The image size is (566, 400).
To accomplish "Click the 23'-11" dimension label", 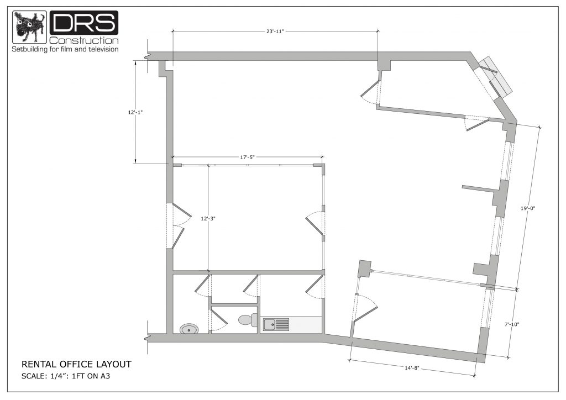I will point(275,31).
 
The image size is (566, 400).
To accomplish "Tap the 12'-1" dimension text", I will point(135,112).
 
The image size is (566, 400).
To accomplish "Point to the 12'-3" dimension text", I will point(208,219).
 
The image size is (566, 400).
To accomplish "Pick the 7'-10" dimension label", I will point(512,324).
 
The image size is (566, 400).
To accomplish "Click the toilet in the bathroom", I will point(247,319).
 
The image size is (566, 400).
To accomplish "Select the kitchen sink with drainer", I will point(276,324).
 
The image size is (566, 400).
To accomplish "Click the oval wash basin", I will point(190,329).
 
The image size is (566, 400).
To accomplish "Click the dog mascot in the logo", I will point(29,27).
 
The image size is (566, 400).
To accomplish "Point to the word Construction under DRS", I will point(83,41).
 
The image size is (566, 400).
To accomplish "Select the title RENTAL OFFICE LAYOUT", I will point(76,365).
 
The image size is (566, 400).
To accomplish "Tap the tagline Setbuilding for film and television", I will point(66,50).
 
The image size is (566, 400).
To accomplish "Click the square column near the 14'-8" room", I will point(364,269).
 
